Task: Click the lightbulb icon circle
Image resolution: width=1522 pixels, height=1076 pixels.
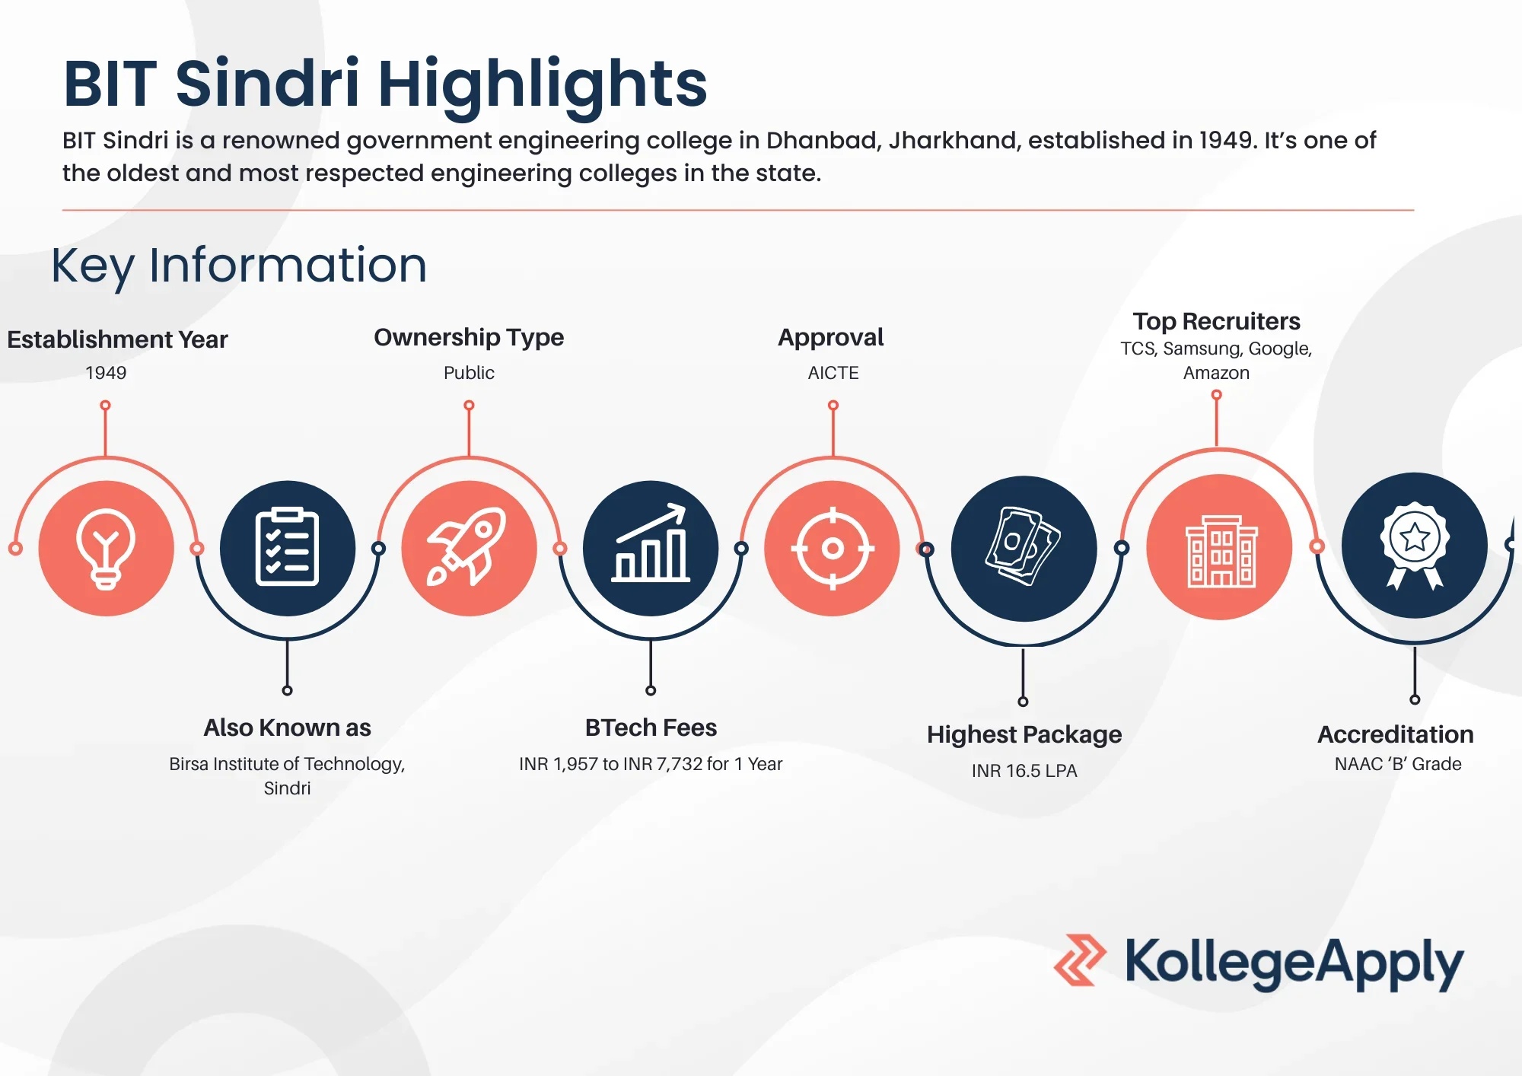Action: coord(106,548)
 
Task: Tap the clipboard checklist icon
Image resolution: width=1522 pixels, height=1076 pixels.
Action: coord(287,548)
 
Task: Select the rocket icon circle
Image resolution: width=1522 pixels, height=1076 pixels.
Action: coord(469,548)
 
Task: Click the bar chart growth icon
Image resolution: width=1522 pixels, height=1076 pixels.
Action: coord(651,548)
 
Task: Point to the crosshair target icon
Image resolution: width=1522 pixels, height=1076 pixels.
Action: coord(833,548)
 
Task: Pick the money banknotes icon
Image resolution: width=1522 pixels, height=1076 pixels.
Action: coord(1024,548)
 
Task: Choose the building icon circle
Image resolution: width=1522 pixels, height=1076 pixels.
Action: coord(1219,547)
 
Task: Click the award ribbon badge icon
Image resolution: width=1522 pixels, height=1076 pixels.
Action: coord(1415,546)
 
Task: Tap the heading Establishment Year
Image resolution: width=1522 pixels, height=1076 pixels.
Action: coord(117,339)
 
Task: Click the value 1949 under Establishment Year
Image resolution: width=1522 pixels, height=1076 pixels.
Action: coord(106,373)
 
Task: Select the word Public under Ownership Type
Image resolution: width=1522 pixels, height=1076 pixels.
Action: coord(469,373)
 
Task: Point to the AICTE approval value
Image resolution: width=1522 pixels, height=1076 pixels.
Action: coord(833,373)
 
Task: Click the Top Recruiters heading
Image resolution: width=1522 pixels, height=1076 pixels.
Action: coord(1216,321)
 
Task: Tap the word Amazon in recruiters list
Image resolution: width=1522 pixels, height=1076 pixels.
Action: coord(1216,373)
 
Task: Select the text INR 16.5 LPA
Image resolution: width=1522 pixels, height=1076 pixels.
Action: coord(1024,771)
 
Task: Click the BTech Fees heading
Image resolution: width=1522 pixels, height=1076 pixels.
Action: coord(651,727)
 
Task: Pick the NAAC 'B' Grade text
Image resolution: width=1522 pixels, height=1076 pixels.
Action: coord(1398,764)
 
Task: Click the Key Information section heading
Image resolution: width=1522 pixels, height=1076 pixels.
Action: coord(239,266)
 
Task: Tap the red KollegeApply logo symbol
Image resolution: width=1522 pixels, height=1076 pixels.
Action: coord(1080,960)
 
